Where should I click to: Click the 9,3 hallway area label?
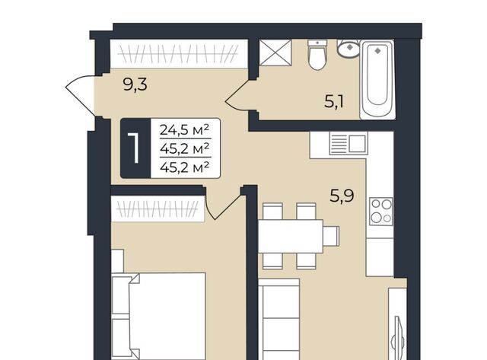pos(135,84)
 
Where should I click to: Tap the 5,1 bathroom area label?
pos(334,102)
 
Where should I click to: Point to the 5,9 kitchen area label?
pos(342,196)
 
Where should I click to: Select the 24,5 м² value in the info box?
pos(184,130)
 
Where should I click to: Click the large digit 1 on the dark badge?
pos(135,148)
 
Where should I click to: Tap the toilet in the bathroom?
pos(317,55)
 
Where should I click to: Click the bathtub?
pos(377,79)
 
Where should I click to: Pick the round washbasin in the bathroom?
pos(349,49)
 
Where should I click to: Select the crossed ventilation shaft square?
pos(275,53)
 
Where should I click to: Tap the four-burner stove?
pos(381,212)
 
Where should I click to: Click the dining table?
pos(291,237)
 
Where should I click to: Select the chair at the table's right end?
pos(331,236)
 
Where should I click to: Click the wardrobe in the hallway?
pos(180,53)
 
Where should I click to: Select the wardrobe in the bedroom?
pos(158,209)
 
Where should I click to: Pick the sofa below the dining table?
pos(279,320)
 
